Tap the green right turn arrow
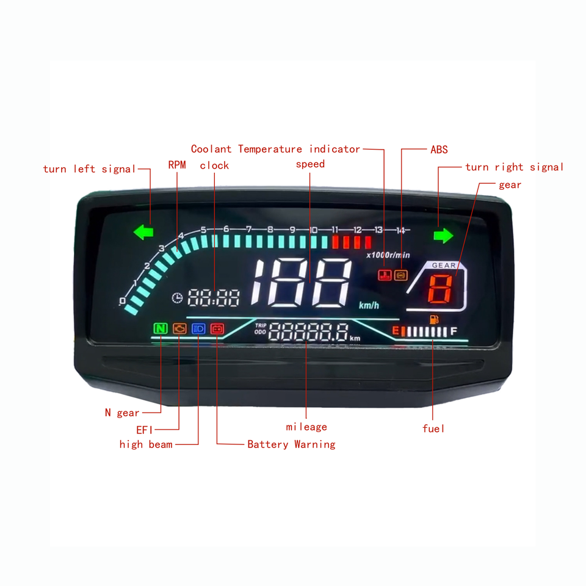444,236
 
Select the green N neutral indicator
161,329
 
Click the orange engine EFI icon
180,329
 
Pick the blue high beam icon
198,329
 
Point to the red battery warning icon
217,329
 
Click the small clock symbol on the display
178,298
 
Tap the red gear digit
440,289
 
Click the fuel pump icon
433,319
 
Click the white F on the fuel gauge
454,331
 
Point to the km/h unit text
369,305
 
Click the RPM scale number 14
400,230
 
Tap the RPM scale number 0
122,301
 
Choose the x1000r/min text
388,255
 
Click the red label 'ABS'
439,150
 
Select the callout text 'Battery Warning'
291,444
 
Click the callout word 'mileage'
306,427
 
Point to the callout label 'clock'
214,165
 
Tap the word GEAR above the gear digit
444,266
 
